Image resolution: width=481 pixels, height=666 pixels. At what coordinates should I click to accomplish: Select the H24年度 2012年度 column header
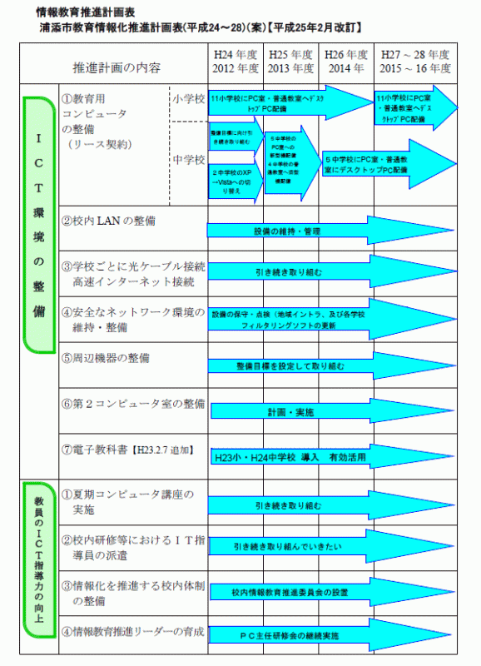(x=236, y=62)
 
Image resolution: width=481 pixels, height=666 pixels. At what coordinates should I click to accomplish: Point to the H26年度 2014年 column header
(x=346, y=62)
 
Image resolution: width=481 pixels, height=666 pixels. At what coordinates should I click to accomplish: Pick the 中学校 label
(x=188, y=157)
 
